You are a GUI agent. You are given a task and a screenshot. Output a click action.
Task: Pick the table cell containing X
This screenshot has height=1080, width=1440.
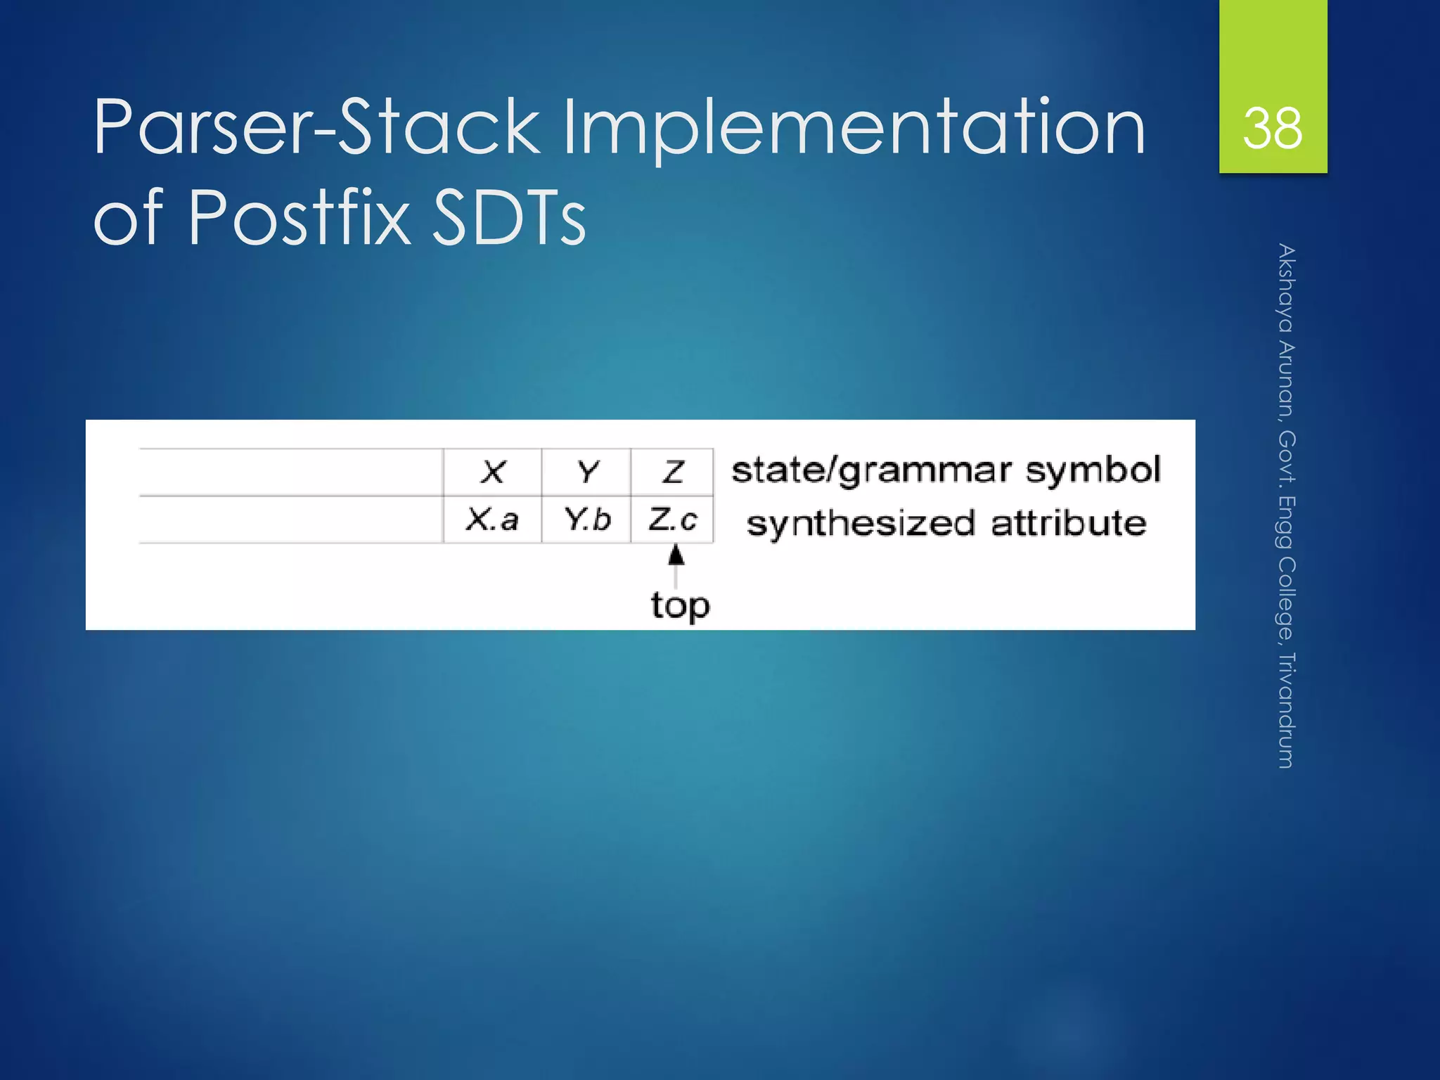point(493,472)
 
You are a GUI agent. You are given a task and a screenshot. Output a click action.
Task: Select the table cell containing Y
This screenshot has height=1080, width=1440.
point(586,472)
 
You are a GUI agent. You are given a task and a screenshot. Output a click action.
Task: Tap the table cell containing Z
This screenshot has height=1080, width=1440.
point(673,472)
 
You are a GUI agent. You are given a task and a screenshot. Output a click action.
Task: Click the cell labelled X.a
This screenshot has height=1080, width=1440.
point(492,520)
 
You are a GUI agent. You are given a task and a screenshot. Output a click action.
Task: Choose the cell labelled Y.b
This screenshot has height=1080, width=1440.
point(586,520)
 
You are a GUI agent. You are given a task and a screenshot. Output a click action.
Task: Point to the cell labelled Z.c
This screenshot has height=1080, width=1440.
point(673,520)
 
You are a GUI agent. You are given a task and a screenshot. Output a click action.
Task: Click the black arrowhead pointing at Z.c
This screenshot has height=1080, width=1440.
point(676,556)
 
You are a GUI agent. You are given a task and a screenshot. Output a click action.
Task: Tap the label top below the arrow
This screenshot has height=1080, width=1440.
point(680,605)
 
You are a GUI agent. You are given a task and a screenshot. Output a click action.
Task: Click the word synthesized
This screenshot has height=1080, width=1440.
point(861,524)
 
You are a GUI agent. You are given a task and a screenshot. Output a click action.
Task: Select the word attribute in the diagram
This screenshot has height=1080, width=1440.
point(1068,524)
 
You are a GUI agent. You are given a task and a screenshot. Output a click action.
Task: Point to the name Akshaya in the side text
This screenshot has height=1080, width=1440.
point(1286,288)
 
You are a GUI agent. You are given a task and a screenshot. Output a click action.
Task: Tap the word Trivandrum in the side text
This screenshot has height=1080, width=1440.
point(1286,710)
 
